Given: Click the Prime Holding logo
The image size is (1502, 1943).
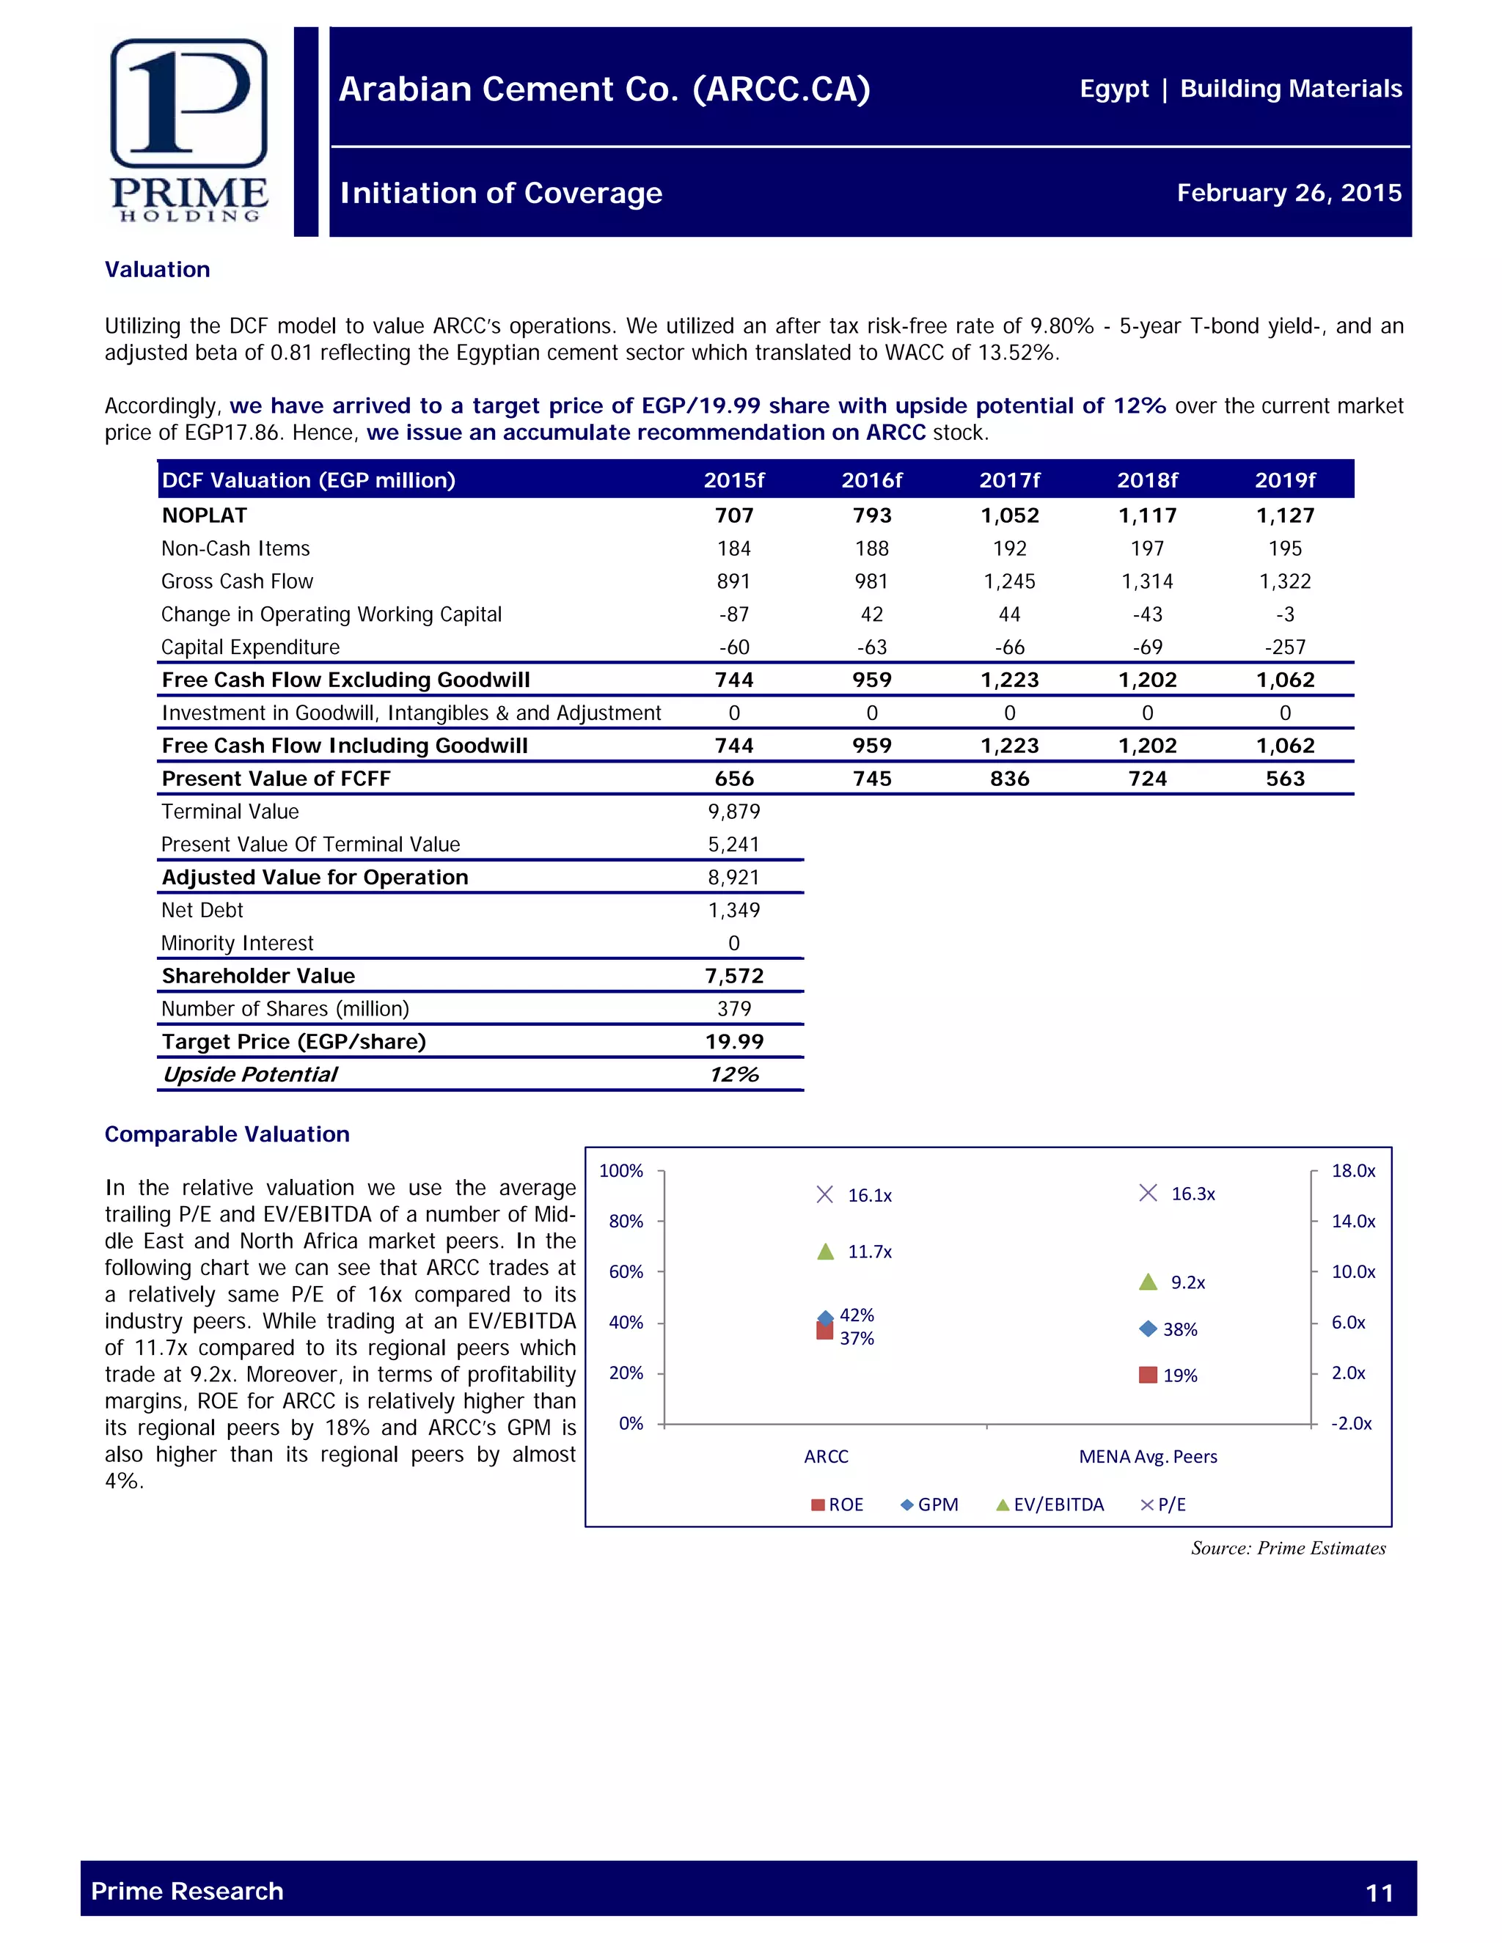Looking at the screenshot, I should pyautogui.click(x=188, y=130).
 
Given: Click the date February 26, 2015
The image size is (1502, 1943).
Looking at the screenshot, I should pyautogui.click(x=1289, y=193).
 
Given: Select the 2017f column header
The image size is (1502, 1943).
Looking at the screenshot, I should pyautogui.click(x=1009, y=480).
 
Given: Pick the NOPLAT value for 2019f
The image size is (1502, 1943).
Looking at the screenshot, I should pyautogui.click(x=1285, y=515).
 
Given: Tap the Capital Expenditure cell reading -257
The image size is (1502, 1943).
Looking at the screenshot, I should pyautogui.click(x=1285, y=647).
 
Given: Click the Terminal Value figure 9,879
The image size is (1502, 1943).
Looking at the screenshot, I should pyautogui.click(x=734, y=812).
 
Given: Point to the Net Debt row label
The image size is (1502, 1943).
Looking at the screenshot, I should pyautogui.click(x=202, y=910).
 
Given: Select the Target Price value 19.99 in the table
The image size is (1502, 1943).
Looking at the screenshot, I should pyautogui.click(x=734, y=1042).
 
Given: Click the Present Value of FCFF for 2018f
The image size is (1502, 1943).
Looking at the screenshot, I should pyautogui.click(x=1147, y=779).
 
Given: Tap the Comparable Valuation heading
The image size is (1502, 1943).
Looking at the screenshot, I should pyautogui.click(x=227, y=1134).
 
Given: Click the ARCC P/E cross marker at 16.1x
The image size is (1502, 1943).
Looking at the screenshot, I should pyautogui.click(x=825, y=1194).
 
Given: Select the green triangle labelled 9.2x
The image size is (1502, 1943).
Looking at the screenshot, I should pyautogui.click(x=1148, y=1282).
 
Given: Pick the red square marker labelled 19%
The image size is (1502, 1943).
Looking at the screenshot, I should pyautogui.click(x=1148, y=1375).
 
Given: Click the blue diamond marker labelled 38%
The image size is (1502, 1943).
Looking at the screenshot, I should pyautogui.click(x=1148, y=1329).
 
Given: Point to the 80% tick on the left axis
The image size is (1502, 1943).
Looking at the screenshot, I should pyautogui.click(x=626, y=1222).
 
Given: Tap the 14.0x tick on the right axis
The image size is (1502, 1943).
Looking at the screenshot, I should pyautogui.click(x=1352, y=1222).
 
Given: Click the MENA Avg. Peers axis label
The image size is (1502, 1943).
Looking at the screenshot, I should pyautogui.click(x=1148, y=1456).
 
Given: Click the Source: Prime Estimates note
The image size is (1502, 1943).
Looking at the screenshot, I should pyautogui.click(x=1288, y=1548).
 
